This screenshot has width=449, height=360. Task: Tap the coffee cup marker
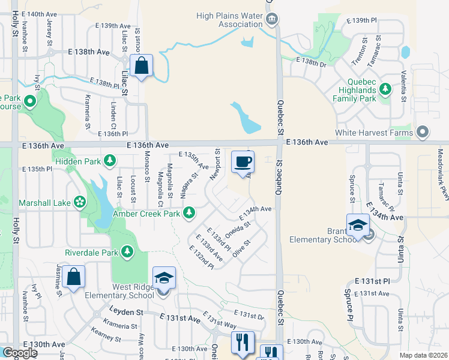pos(243,162)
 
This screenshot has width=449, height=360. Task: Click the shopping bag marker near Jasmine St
pos(73,277)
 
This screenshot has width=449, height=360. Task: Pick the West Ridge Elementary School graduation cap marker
pos(164,278)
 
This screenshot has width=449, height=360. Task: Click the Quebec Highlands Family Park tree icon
pos(385,89)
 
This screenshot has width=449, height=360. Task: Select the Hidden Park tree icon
pos(109,160)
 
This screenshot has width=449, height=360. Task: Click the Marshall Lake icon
pos(79,202)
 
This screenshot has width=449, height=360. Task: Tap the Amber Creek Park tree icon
pos(189,212)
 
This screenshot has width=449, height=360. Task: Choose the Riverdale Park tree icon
pos(127,251)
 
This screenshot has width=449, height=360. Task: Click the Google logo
pos(19,353)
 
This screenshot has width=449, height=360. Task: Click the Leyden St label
pos(126,312)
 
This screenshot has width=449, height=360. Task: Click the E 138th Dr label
pos(312,61)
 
